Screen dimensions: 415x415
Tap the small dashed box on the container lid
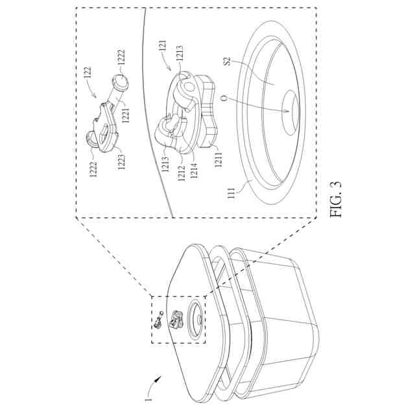click(178, 320)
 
